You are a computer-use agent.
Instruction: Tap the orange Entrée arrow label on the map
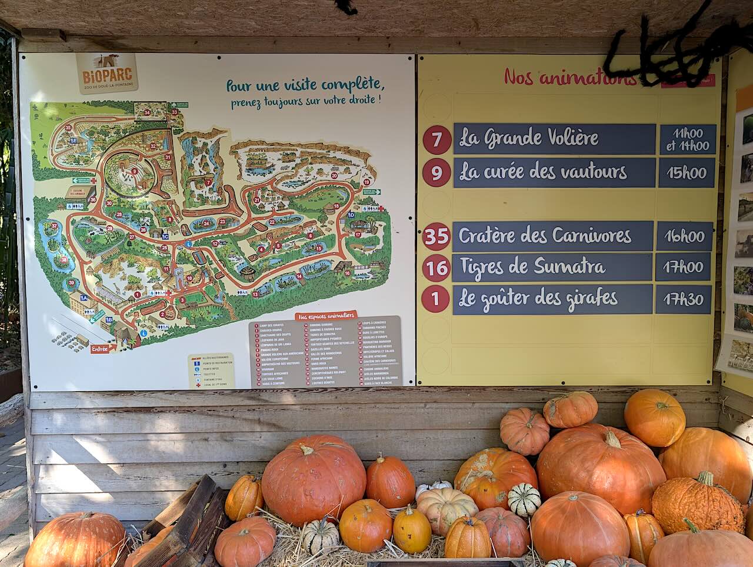click(x=99, y=349)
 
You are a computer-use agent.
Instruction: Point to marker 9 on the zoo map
click(x=135, y=171)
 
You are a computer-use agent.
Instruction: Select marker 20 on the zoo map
click(x=334, y=175)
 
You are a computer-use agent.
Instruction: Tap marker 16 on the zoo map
click(x=347, y=273)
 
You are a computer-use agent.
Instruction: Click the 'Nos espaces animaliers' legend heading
click(x=327, y=316)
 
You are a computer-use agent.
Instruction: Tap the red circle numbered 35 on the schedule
click(x=437, y=236)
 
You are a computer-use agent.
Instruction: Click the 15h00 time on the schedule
click(x=686, y=172)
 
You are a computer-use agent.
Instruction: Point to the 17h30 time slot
click(x=684, y=299)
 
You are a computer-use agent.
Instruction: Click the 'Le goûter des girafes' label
click(x=538, y=299)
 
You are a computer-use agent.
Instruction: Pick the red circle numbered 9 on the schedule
click(x=437, y=173)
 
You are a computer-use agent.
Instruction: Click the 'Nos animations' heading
click(x=569, y=77)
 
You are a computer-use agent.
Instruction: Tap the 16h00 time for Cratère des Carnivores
click(x=684, y=236)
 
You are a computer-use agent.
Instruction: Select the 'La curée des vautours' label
click(x=542, y=172)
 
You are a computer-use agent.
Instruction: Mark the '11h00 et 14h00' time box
click(x=687, y=139)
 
